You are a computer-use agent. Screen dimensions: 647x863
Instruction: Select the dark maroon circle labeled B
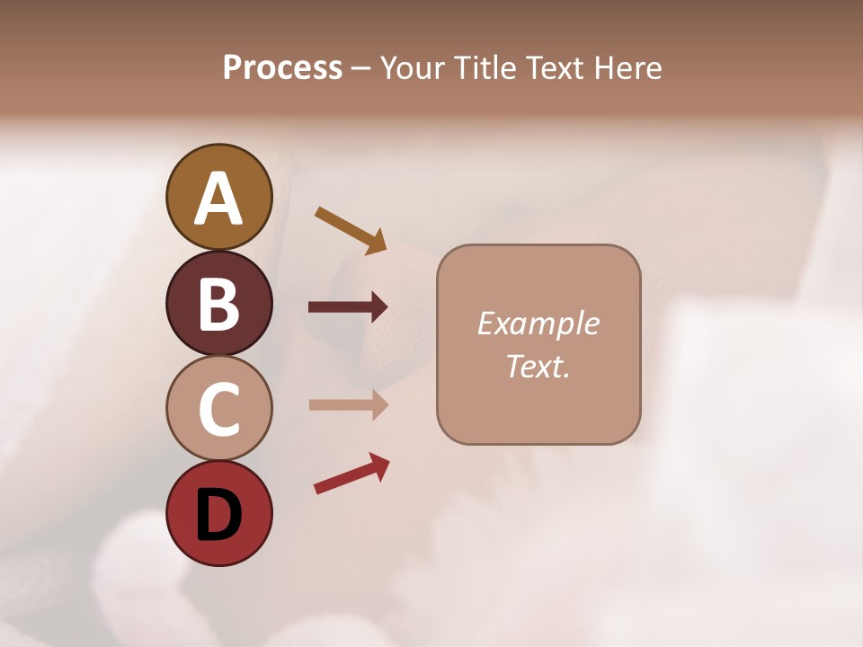[218, 303]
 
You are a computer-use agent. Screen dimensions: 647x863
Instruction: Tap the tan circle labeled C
[218, 408]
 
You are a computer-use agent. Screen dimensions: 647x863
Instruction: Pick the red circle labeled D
[218, 513]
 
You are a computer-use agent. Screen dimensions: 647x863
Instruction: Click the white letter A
[218, 199]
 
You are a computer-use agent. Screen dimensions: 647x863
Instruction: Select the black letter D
[218, 515]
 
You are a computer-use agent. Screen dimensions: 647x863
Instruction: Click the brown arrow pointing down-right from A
[351, 230]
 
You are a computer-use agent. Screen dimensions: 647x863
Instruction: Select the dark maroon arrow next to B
[348, 307]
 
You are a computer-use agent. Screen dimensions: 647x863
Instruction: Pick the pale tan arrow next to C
[348, 404]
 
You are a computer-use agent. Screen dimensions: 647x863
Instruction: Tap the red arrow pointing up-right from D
[351, 474]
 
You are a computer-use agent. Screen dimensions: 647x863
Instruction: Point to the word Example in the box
[538, 323]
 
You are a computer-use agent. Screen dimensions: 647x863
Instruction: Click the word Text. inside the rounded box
[538, 366]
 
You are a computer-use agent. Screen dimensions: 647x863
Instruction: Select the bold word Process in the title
[282, 67]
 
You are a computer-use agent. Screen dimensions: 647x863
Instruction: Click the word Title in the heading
[485, 67]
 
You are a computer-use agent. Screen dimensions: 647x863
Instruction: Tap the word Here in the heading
[628, 67]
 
